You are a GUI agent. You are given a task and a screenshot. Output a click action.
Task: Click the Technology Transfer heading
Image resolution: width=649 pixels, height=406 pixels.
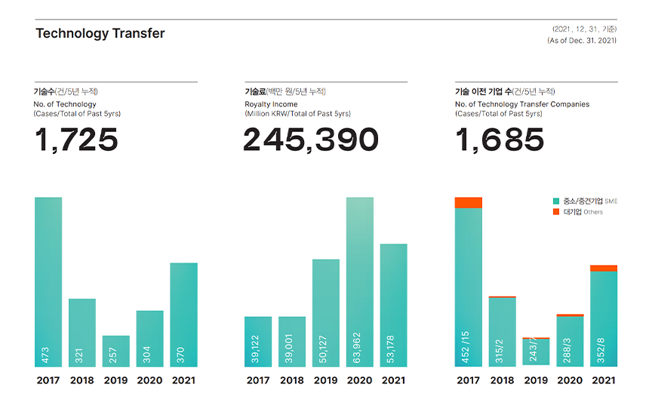[x=100, y=33]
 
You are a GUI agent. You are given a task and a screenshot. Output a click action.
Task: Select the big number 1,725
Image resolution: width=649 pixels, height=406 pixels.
[x=76, y=140]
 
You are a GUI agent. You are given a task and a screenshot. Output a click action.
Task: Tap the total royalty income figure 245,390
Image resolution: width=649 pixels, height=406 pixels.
[x=310, y=140]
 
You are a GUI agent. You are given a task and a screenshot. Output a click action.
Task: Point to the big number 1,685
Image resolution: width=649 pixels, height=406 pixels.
[x=500, y=140]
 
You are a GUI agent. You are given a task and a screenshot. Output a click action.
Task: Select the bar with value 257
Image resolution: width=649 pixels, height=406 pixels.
[x=116, y=351]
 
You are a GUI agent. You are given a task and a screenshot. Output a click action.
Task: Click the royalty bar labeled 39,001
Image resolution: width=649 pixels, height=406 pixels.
[x=292, y=341]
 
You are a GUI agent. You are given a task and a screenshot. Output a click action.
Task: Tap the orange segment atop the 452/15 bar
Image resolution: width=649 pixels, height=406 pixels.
[x=469, y=202]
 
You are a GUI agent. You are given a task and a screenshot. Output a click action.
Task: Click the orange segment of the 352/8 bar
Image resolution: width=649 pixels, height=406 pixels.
[x=604, y=268]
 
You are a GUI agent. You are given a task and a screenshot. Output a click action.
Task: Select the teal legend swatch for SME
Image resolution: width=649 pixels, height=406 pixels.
[x=557, y=201]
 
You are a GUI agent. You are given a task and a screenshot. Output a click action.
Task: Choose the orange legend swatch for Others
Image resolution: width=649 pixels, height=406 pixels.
[x=557, y=212]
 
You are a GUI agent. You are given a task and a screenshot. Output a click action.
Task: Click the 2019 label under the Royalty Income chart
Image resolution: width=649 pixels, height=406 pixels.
[x=326, y=380]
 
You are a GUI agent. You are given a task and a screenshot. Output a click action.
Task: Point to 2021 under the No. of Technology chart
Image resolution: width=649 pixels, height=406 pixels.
[x=183, y=380]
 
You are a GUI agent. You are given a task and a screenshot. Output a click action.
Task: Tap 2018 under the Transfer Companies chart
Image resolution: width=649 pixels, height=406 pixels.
[x=503, y=380]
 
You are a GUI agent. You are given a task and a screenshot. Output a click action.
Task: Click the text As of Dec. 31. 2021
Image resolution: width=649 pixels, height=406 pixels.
[x=581, y=41]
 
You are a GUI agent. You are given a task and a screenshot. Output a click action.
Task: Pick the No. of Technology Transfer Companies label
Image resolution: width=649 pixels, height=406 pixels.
[x=522, y=104]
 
